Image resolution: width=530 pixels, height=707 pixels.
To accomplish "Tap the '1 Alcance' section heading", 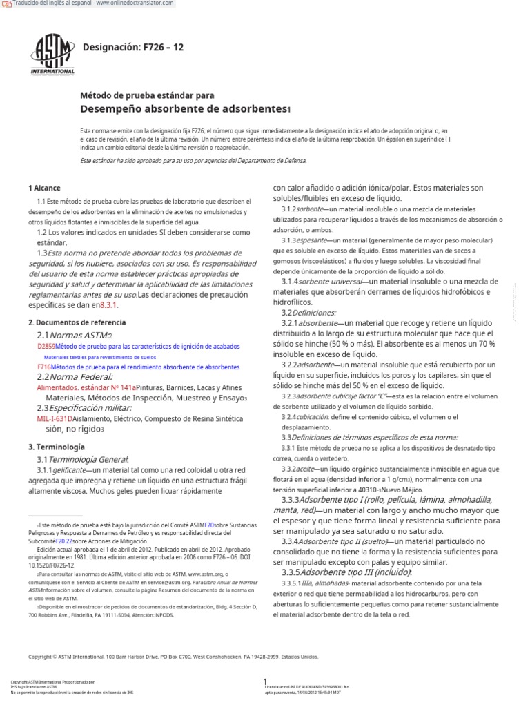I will pyautogui.click(x=44, y=188).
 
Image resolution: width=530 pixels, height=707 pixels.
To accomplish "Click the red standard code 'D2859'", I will pyautogui.click(x=46, y=346).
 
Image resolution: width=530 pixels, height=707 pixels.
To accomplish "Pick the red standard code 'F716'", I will pyautogui.click(x=44, y=367).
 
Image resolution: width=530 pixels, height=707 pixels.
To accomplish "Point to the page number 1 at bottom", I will pyautogui.click(x=265, y=681).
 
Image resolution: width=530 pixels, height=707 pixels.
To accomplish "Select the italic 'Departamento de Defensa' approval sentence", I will pyautogui.click(x=193, y=160).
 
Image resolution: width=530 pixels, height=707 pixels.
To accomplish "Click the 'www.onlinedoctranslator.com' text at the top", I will pyautogui.click(x=135, y=4).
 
